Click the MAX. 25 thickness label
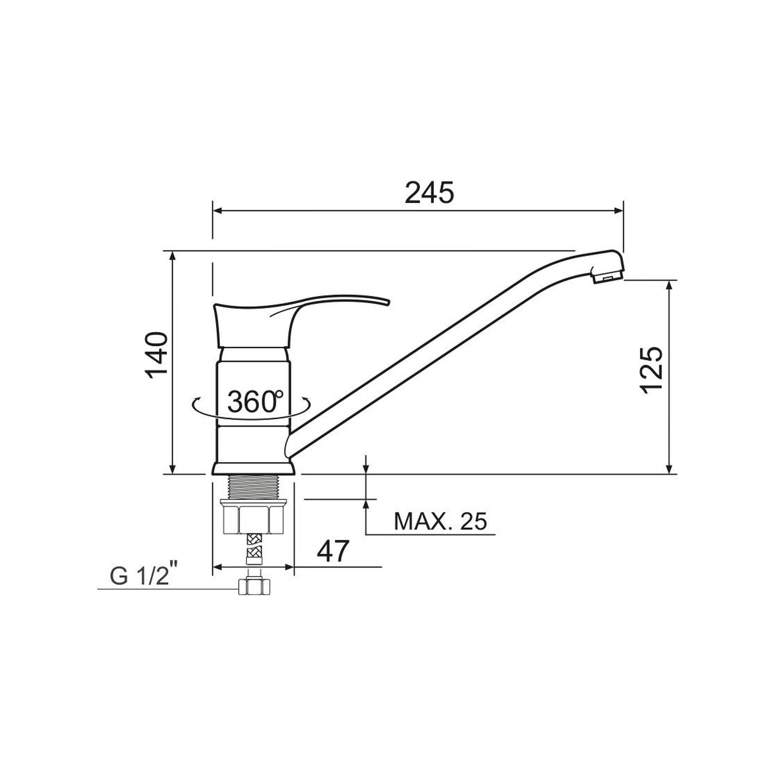[x=440, y=521]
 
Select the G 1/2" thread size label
[x=144, y=576]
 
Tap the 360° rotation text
[x=255, y=401]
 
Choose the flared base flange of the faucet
[x=253, y=469]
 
